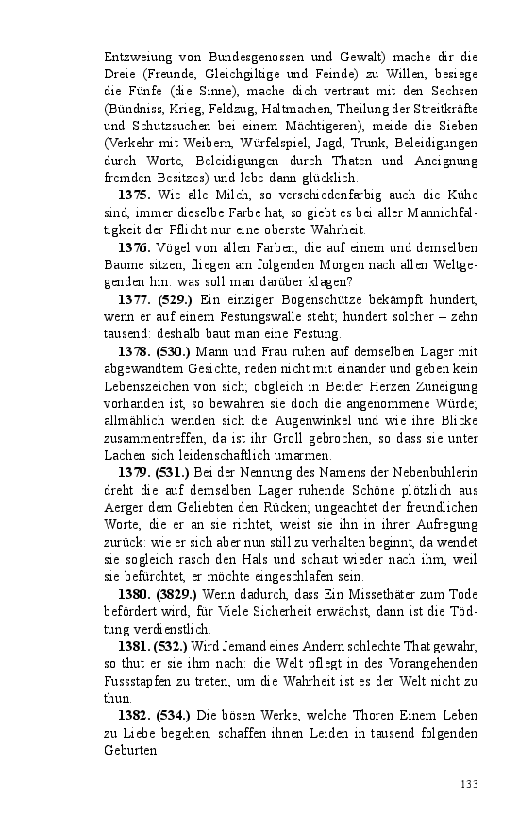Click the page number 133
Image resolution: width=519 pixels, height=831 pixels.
470,784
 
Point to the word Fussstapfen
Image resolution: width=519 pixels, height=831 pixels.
139,682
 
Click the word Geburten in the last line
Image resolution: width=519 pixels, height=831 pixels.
131,753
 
